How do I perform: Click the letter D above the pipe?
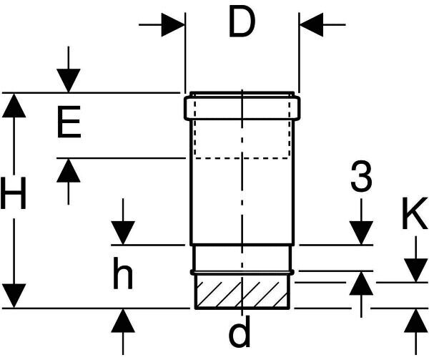point(242,24)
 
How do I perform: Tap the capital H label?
point(14,194)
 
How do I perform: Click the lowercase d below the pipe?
point(242,334)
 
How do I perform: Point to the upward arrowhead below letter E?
point(69,170)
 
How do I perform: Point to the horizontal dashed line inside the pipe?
point(242,157)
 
